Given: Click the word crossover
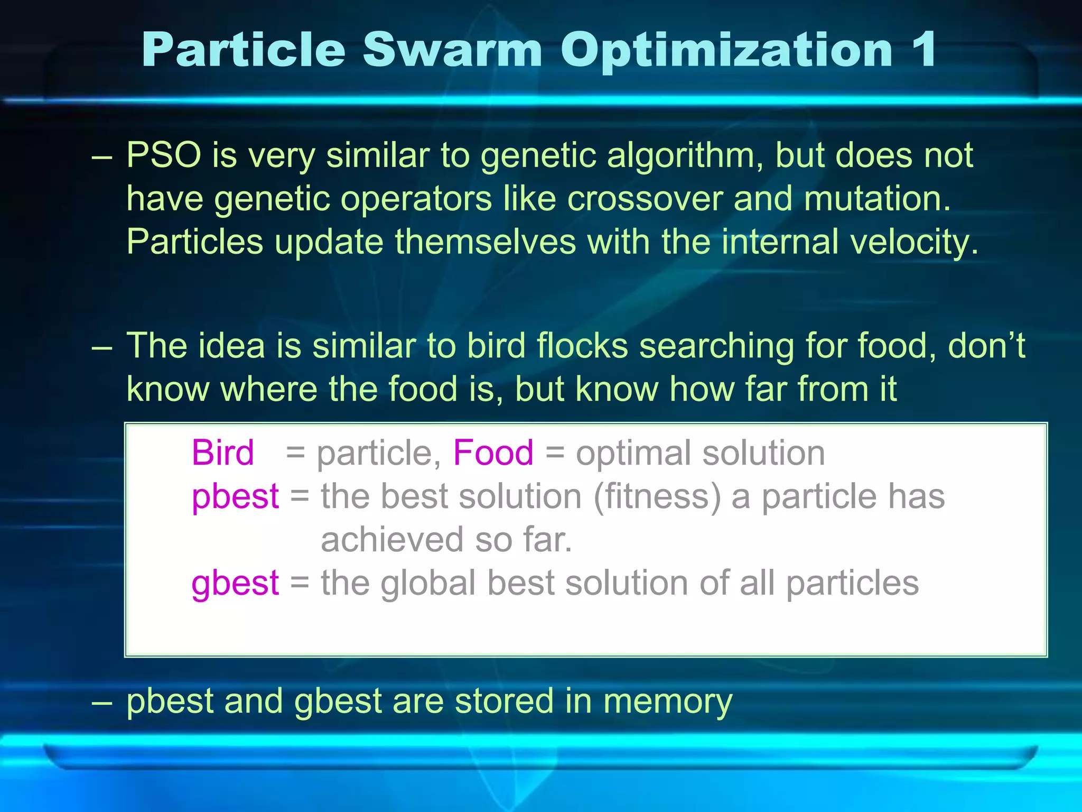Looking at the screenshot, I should click(x=645, y=199).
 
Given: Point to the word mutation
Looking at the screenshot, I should click(x=876, y=199).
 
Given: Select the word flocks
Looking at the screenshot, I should click(x=582, y=346).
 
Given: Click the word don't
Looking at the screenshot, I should click(x=986, y=346).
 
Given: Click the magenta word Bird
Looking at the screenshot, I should click(x=222, y=453).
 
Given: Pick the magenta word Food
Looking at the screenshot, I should click(x=493, y=453).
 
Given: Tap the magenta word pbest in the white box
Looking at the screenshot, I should click(x=235, y=497).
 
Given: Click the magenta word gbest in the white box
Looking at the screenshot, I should click(x=235, y=584).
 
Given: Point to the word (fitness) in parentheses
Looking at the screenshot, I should click(x=657, y=497).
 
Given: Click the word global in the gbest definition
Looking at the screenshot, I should click(x=428, y=583).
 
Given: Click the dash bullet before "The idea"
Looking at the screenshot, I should click(x=101, y=348).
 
